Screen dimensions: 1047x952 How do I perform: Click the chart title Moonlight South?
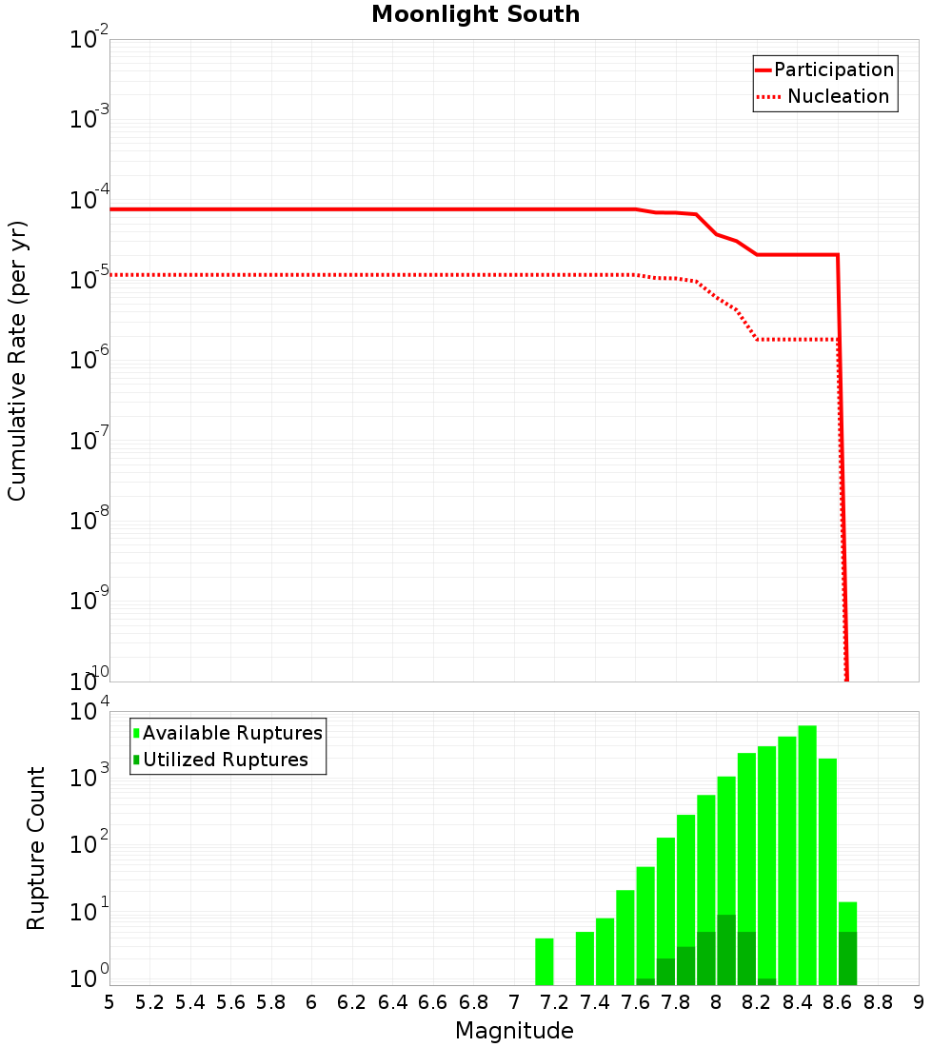click(x=475, y=14)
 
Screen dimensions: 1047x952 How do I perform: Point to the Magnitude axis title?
click(x=514, y=1031)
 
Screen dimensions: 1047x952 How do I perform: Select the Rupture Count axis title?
click(x=36, y=848)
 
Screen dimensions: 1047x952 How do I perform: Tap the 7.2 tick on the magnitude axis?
click(x=554, y=1002)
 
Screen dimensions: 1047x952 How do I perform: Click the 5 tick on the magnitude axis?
click(x=109, y=1002)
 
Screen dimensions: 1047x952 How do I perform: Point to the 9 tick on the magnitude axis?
click(x=919, y=1002)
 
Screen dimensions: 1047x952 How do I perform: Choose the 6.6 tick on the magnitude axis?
click(x=433, y=1002)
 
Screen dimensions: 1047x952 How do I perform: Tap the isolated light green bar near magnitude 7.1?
click(x=544, y=961)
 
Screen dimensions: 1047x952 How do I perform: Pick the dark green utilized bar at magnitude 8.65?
click(x=848, y=958)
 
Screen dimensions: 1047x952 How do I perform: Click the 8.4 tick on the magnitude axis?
click(x=797, y=1002)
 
